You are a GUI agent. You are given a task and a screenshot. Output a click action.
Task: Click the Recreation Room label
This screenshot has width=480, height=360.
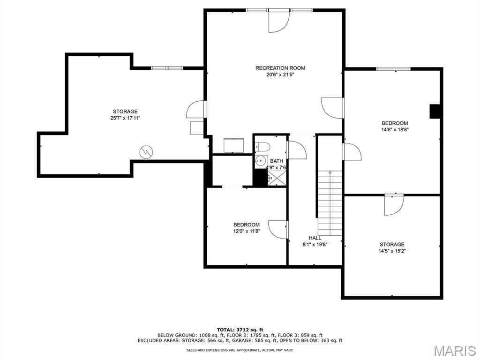point(280,68)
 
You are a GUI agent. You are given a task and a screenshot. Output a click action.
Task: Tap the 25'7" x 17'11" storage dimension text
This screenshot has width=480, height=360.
point(125,118)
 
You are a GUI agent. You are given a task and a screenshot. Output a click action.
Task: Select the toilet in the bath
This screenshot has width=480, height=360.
point(262,147)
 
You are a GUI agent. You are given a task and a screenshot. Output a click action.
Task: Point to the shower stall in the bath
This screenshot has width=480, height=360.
point(277,178)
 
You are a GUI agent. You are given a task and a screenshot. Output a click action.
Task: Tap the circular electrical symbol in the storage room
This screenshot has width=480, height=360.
point(146,152)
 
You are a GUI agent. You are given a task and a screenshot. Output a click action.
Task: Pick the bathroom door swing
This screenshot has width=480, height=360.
point(296,150)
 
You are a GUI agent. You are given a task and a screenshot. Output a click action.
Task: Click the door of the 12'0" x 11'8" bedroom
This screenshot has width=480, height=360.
point(278,230)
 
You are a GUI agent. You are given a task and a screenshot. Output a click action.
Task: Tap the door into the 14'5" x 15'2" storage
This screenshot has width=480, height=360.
point(394,205)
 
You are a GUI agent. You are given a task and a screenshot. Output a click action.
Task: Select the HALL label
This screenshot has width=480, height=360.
point(315,238)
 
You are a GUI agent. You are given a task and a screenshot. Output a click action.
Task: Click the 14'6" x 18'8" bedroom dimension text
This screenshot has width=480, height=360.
point(395,129)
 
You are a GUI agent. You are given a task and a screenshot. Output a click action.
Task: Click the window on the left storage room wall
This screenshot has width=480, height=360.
point(167,68)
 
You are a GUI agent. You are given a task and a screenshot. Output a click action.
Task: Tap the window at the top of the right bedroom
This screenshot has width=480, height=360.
point(393,69)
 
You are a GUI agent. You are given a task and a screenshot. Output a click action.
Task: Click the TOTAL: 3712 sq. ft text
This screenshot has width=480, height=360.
point(240,330)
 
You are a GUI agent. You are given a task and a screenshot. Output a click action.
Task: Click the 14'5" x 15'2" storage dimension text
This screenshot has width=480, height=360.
point(392,251)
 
